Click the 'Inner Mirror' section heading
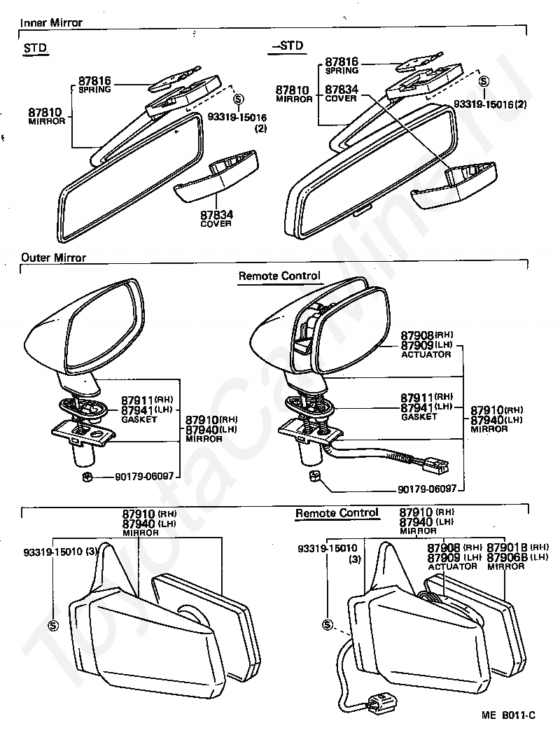51,23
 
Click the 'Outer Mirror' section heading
53,258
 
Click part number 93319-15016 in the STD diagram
238,117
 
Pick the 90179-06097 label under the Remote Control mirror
426,489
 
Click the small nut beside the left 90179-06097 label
87,477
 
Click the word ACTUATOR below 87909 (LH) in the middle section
426,355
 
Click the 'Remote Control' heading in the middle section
279,276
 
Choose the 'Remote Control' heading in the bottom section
337,513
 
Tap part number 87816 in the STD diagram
95,81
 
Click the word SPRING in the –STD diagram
342,71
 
